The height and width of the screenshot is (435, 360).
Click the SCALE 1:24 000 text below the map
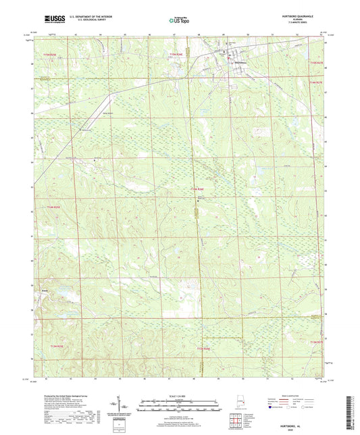[178, 396]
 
